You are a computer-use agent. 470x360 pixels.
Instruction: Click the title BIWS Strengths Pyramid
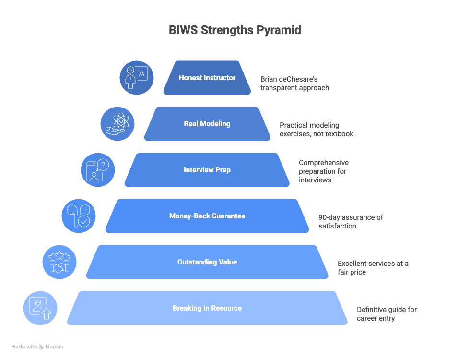point(235,30)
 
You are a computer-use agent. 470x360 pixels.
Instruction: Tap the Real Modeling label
point(207,124)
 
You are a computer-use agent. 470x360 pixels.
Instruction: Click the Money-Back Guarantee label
point(207,216)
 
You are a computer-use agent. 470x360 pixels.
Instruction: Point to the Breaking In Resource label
point(207,308)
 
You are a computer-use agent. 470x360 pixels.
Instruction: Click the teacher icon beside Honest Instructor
point(137,78)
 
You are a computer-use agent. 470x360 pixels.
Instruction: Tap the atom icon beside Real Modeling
point(117,124)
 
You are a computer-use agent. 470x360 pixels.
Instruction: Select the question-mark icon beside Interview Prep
point(98,170)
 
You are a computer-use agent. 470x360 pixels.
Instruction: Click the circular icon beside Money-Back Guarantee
point(79,216)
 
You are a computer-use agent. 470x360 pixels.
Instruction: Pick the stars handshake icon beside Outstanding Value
point(59,262)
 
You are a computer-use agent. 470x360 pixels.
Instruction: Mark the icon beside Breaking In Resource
point(40,308)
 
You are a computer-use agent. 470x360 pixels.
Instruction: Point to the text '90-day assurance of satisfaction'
point(351,221)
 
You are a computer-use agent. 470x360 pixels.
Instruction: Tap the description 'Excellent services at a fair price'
point(373,267)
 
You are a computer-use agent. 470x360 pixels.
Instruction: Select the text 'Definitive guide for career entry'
point(387,313)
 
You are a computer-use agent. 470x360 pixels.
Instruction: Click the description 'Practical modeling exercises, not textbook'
point(317,129)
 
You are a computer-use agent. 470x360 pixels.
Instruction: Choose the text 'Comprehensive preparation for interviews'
point(323,171)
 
